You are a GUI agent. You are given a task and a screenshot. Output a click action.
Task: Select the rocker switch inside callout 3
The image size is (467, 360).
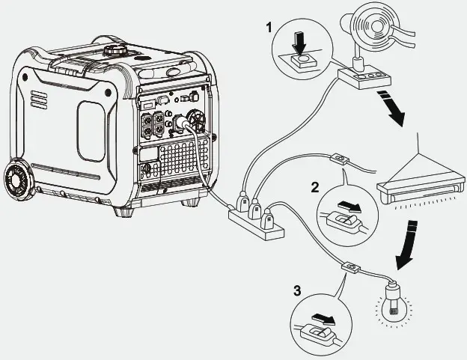320,331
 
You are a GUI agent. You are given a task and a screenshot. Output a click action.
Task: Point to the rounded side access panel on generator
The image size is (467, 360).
90,132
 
